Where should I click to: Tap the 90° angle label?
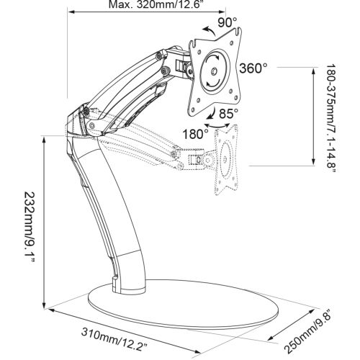click(228, 22)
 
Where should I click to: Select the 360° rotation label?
click(253, 68)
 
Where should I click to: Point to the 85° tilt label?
click(229, 113)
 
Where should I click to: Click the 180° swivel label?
click(196, 134)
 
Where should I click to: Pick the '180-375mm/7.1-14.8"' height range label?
click(331, 118)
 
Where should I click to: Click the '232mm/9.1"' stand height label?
click(30, 227)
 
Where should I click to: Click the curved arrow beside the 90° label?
click(208, 30)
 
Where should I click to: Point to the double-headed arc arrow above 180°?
click(217, 126)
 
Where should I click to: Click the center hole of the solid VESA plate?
click(215, 71)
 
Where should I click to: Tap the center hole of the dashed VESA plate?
click(225, 159)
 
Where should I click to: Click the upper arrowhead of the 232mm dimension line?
click(44, 140)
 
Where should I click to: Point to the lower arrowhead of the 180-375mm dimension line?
click(313, 162)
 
